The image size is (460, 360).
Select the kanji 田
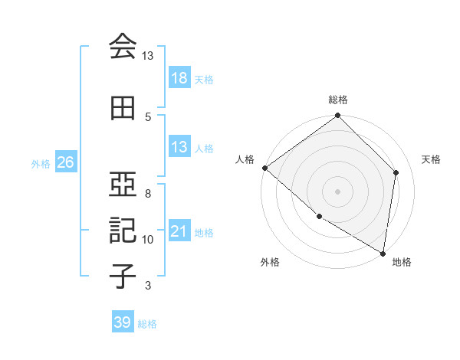click(123, 108)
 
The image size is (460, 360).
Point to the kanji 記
click(123, 229)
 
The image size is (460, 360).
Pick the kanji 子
click(123, 276)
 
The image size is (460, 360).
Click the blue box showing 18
click(179, 78)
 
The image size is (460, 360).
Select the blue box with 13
click(179, 147)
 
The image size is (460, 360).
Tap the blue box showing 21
click(179, 231)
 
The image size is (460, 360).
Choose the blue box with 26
click(65, 162)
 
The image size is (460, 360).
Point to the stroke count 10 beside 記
click(148, 240)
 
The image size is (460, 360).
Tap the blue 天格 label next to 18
click(204, 80)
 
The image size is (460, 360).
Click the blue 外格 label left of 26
click(40, 163)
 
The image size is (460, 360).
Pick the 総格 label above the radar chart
click(338, 100)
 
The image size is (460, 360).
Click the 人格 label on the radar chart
click(245, 159)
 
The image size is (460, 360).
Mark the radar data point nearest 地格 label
click(383, 253)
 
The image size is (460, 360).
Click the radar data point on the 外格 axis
click(319, 216)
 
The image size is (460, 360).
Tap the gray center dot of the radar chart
click(338, 191)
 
